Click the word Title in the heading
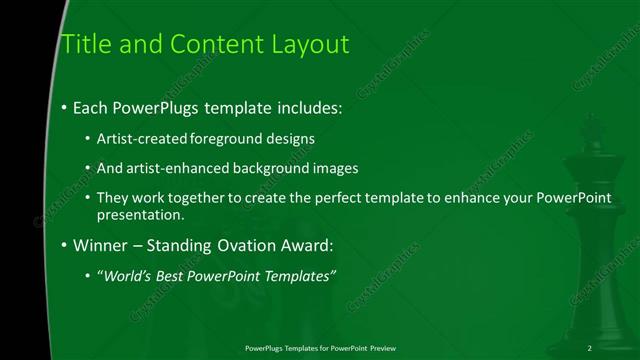(x=84, y=44)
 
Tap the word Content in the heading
(x=204, y=44)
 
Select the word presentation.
(x=140, y=214)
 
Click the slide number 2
(x=589, y=347)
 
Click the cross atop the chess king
(x=586, y=124)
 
